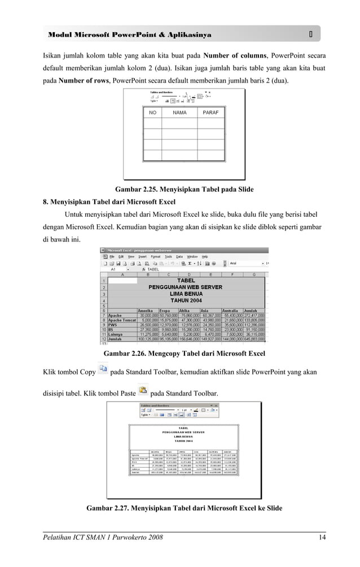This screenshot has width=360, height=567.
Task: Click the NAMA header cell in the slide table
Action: (x=179, y=113)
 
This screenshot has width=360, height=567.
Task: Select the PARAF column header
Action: (x=210, y=113)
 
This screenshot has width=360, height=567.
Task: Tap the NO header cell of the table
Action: (x=152, y=113)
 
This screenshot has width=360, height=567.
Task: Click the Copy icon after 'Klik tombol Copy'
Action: (x=103, y=370)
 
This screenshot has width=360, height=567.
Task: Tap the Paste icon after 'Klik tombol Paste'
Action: (x=143, y=391)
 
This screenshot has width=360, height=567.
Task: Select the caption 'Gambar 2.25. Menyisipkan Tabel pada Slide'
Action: (x=184, y=189)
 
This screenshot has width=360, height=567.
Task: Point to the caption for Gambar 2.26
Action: (x=185, y=354)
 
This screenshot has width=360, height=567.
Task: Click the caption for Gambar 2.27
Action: (x=184, y=508)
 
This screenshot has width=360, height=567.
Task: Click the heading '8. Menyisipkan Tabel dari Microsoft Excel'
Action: (x=109, y=202)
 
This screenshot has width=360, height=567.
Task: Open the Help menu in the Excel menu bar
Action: (x=205, y=256)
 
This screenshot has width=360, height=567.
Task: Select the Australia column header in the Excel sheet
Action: (x=230, y=310)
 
